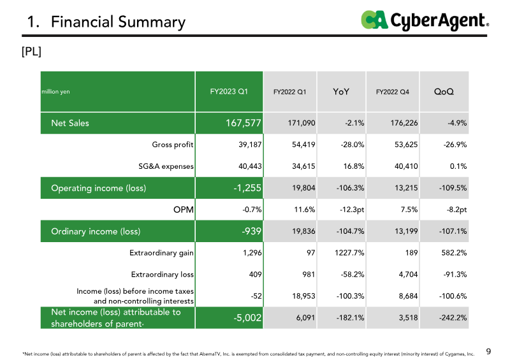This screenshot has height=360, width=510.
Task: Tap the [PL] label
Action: (x=31, y=52)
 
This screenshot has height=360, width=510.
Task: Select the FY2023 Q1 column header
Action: (x=229, y=92)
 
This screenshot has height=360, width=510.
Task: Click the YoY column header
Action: (x=341, y=92)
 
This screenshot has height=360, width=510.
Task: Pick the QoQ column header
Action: (x=444, y=92)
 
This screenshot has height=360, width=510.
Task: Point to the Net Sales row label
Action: (x=70, y=123)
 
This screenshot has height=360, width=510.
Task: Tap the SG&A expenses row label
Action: (x=166, y=166)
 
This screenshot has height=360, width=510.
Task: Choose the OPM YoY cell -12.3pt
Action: (x=349, y=210)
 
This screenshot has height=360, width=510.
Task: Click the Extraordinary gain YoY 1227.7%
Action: (x=347, y=253)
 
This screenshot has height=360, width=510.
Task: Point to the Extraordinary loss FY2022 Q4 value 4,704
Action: (x=405, y=275)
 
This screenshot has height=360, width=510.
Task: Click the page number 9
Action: (x=488, y=350)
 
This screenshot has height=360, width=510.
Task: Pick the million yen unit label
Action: (x=55, y=92)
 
